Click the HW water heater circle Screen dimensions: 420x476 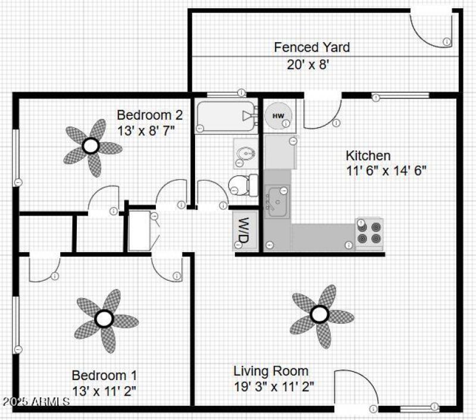point(277,115)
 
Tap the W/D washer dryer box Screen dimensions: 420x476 point(243,230)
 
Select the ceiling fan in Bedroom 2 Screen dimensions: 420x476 point(90,146)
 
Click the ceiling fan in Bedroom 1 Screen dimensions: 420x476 point(105,319)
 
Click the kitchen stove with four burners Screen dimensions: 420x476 point(369,233)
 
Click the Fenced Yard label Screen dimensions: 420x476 point(311,47)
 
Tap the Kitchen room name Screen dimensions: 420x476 point(368,156)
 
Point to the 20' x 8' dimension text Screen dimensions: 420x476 point(308,64)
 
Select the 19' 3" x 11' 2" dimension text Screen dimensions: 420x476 point(274,386)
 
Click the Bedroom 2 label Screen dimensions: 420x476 point(149,114)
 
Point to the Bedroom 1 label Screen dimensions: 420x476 point(104,375)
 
